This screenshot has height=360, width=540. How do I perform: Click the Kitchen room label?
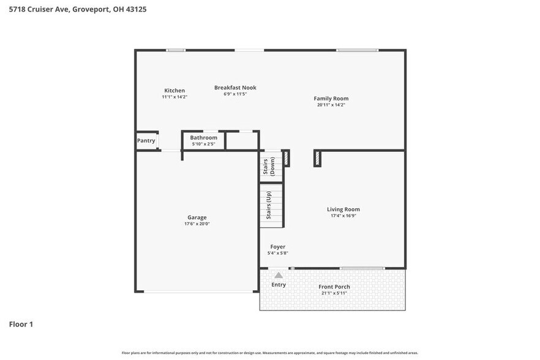(x=174, y=91)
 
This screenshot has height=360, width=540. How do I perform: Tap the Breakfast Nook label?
(x=235, y=88)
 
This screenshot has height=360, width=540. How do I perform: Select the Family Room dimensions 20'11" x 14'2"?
(x=331, y=105)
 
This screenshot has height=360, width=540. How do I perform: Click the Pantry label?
(x=146, y=141)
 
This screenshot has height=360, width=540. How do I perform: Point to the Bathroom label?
(x=203, y=138)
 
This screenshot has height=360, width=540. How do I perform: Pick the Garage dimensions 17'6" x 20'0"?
(x=197, y=224)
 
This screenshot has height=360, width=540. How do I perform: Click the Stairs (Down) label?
(x=269, y=167)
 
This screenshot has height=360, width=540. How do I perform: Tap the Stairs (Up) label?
(x=269, y=206)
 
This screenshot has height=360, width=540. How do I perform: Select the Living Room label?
(x=343, y=209)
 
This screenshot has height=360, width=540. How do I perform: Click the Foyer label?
(x=278, y=247)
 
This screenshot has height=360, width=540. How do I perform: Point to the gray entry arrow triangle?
(x=279, y=276)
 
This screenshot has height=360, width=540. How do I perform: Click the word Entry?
(x=279, y=285)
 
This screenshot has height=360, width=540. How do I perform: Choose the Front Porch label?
(x=334, y=287)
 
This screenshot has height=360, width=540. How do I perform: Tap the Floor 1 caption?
(x=21, y=324)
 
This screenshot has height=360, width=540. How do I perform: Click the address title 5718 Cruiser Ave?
(x=43, y=9)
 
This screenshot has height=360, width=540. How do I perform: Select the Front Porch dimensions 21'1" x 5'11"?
(x=334, y=293)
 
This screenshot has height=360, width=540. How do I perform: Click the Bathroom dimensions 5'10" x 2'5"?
(x=203, y=144)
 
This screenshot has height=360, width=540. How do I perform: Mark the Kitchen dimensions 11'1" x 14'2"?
(x=174, y=97)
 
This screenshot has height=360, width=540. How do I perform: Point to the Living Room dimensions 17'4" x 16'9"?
(x=343, y=216)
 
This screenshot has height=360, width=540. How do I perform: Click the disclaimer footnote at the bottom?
(x=270, y=353)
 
